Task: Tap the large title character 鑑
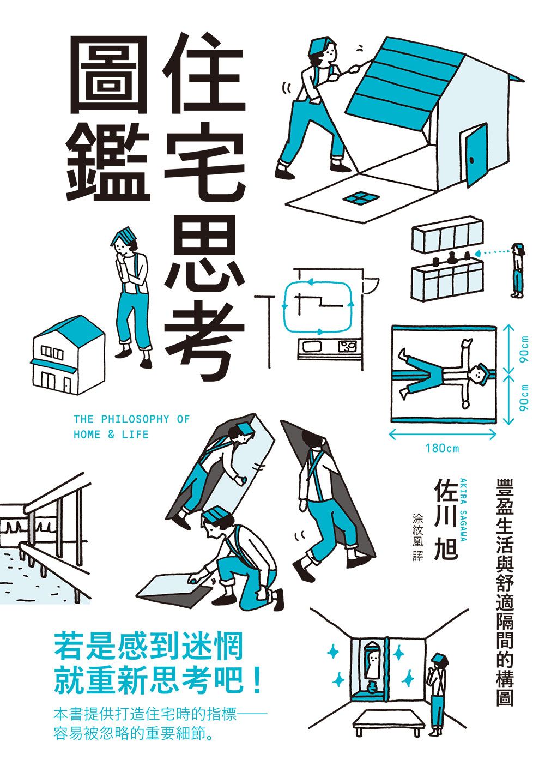pyautogui.click(x=109, y=162)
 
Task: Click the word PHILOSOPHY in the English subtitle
pyautogui.click(x=135, y=419)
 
